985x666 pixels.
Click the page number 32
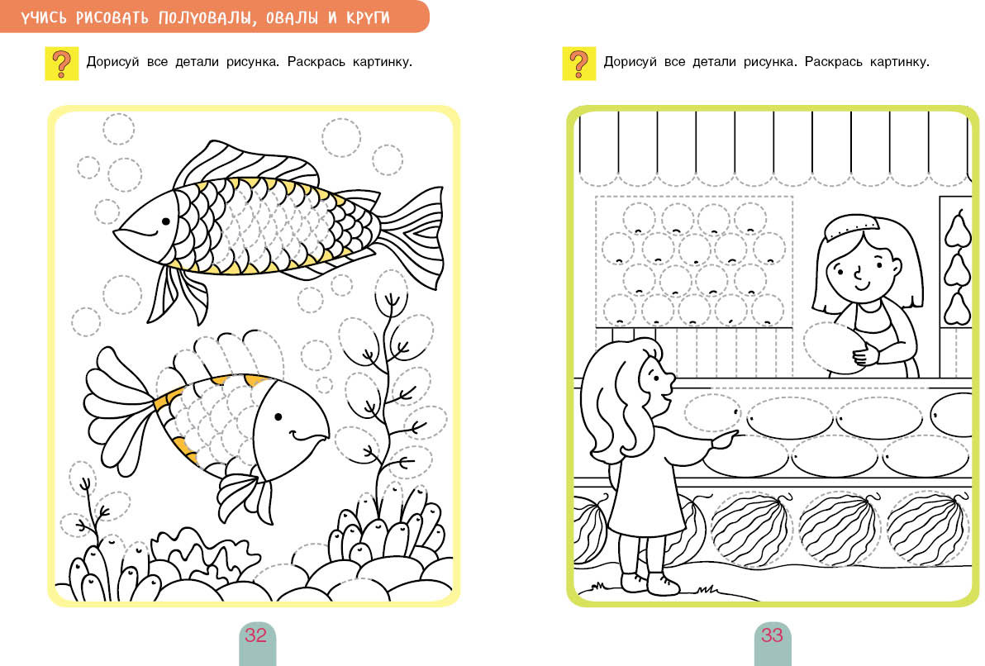point(255,635)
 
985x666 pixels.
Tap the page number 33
point(772,635)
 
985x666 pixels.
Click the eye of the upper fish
point(166,221)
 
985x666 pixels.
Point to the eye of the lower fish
point(278,416)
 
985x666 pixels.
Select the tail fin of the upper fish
point(412,235)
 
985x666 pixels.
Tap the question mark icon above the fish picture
point(61,64)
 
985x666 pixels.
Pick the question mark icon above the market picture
point(578,64)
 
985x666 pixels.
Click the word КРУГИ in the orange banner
point(368,17)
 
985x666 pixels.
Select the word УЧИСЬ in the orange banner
point(43,17)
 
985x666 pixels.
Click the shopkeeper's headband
point(853,226)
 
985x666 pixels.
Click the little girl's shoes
point(650,583)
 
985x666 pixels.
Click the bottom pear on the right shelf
point(958,307)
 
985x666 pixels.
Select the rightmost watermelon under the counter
point(929,528)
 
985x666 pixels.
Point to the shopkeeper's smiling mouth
point(863,286)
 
